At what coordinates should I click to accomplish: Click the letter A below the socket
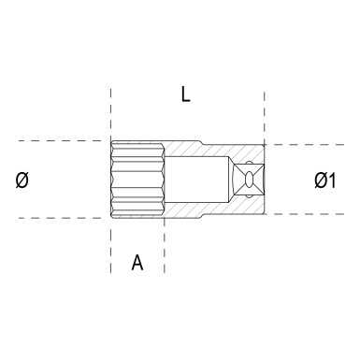(137, 263)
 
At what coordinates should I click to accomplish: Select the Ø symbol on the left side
(22, 180)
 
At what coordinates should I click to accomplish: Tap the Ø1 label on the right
(324, 180)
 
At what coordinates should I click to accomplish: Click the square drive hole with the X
(249, 180)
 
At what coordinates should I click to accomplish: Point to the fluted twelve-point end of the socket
(137, 180)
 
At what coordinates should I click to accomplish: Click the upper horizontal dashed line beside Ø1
(309, 146)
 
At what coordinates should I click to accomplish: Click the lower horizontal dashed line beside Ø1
(309, 214)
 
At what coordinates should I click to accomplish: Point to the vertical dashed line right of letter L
(265, 117)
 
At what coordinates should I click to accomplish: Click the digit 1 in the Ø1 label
(333, 180)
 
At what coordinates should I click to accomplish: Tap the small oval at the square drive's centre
(250, 180)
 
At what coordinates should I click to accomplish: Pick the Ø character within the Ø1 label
(319, 180)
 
